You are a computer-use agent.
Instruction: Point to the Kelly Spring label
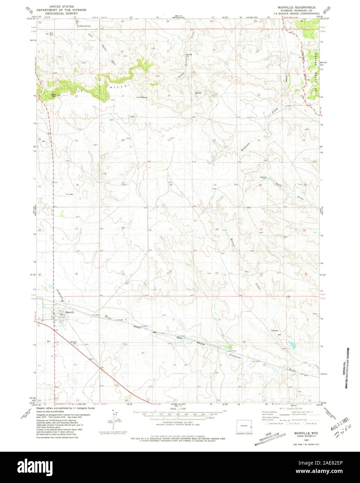click(x=84, y=26)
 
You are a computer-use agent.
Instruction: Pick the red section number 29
click(x=170, y=229)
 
